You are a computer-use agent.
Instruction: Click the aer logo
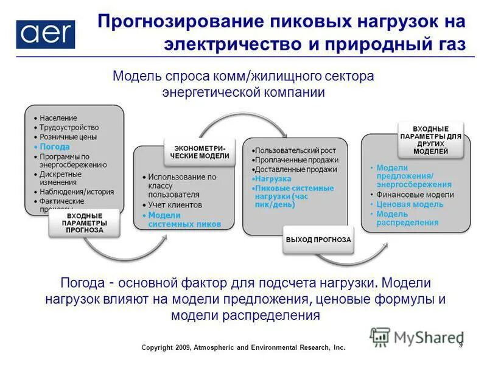click(46, 34)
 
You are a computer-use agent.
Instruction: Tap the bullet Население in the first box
click(58, 117)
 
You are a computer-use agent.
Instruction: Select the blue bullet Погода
click(55, 147)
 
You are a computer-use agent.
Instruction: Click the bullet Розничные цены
click(68, 137)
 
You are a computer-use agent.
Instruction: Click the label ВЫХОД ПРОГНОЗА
click(318, 240)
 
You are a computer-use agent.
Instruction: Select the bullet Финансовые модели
click(414, 195)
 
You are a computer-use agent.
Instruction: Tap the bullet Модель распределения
click(407, 218)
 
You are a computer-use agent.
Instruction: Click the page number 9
click(461, 345)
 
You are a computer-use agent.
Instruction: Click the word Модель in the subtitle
click(135, 77)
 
